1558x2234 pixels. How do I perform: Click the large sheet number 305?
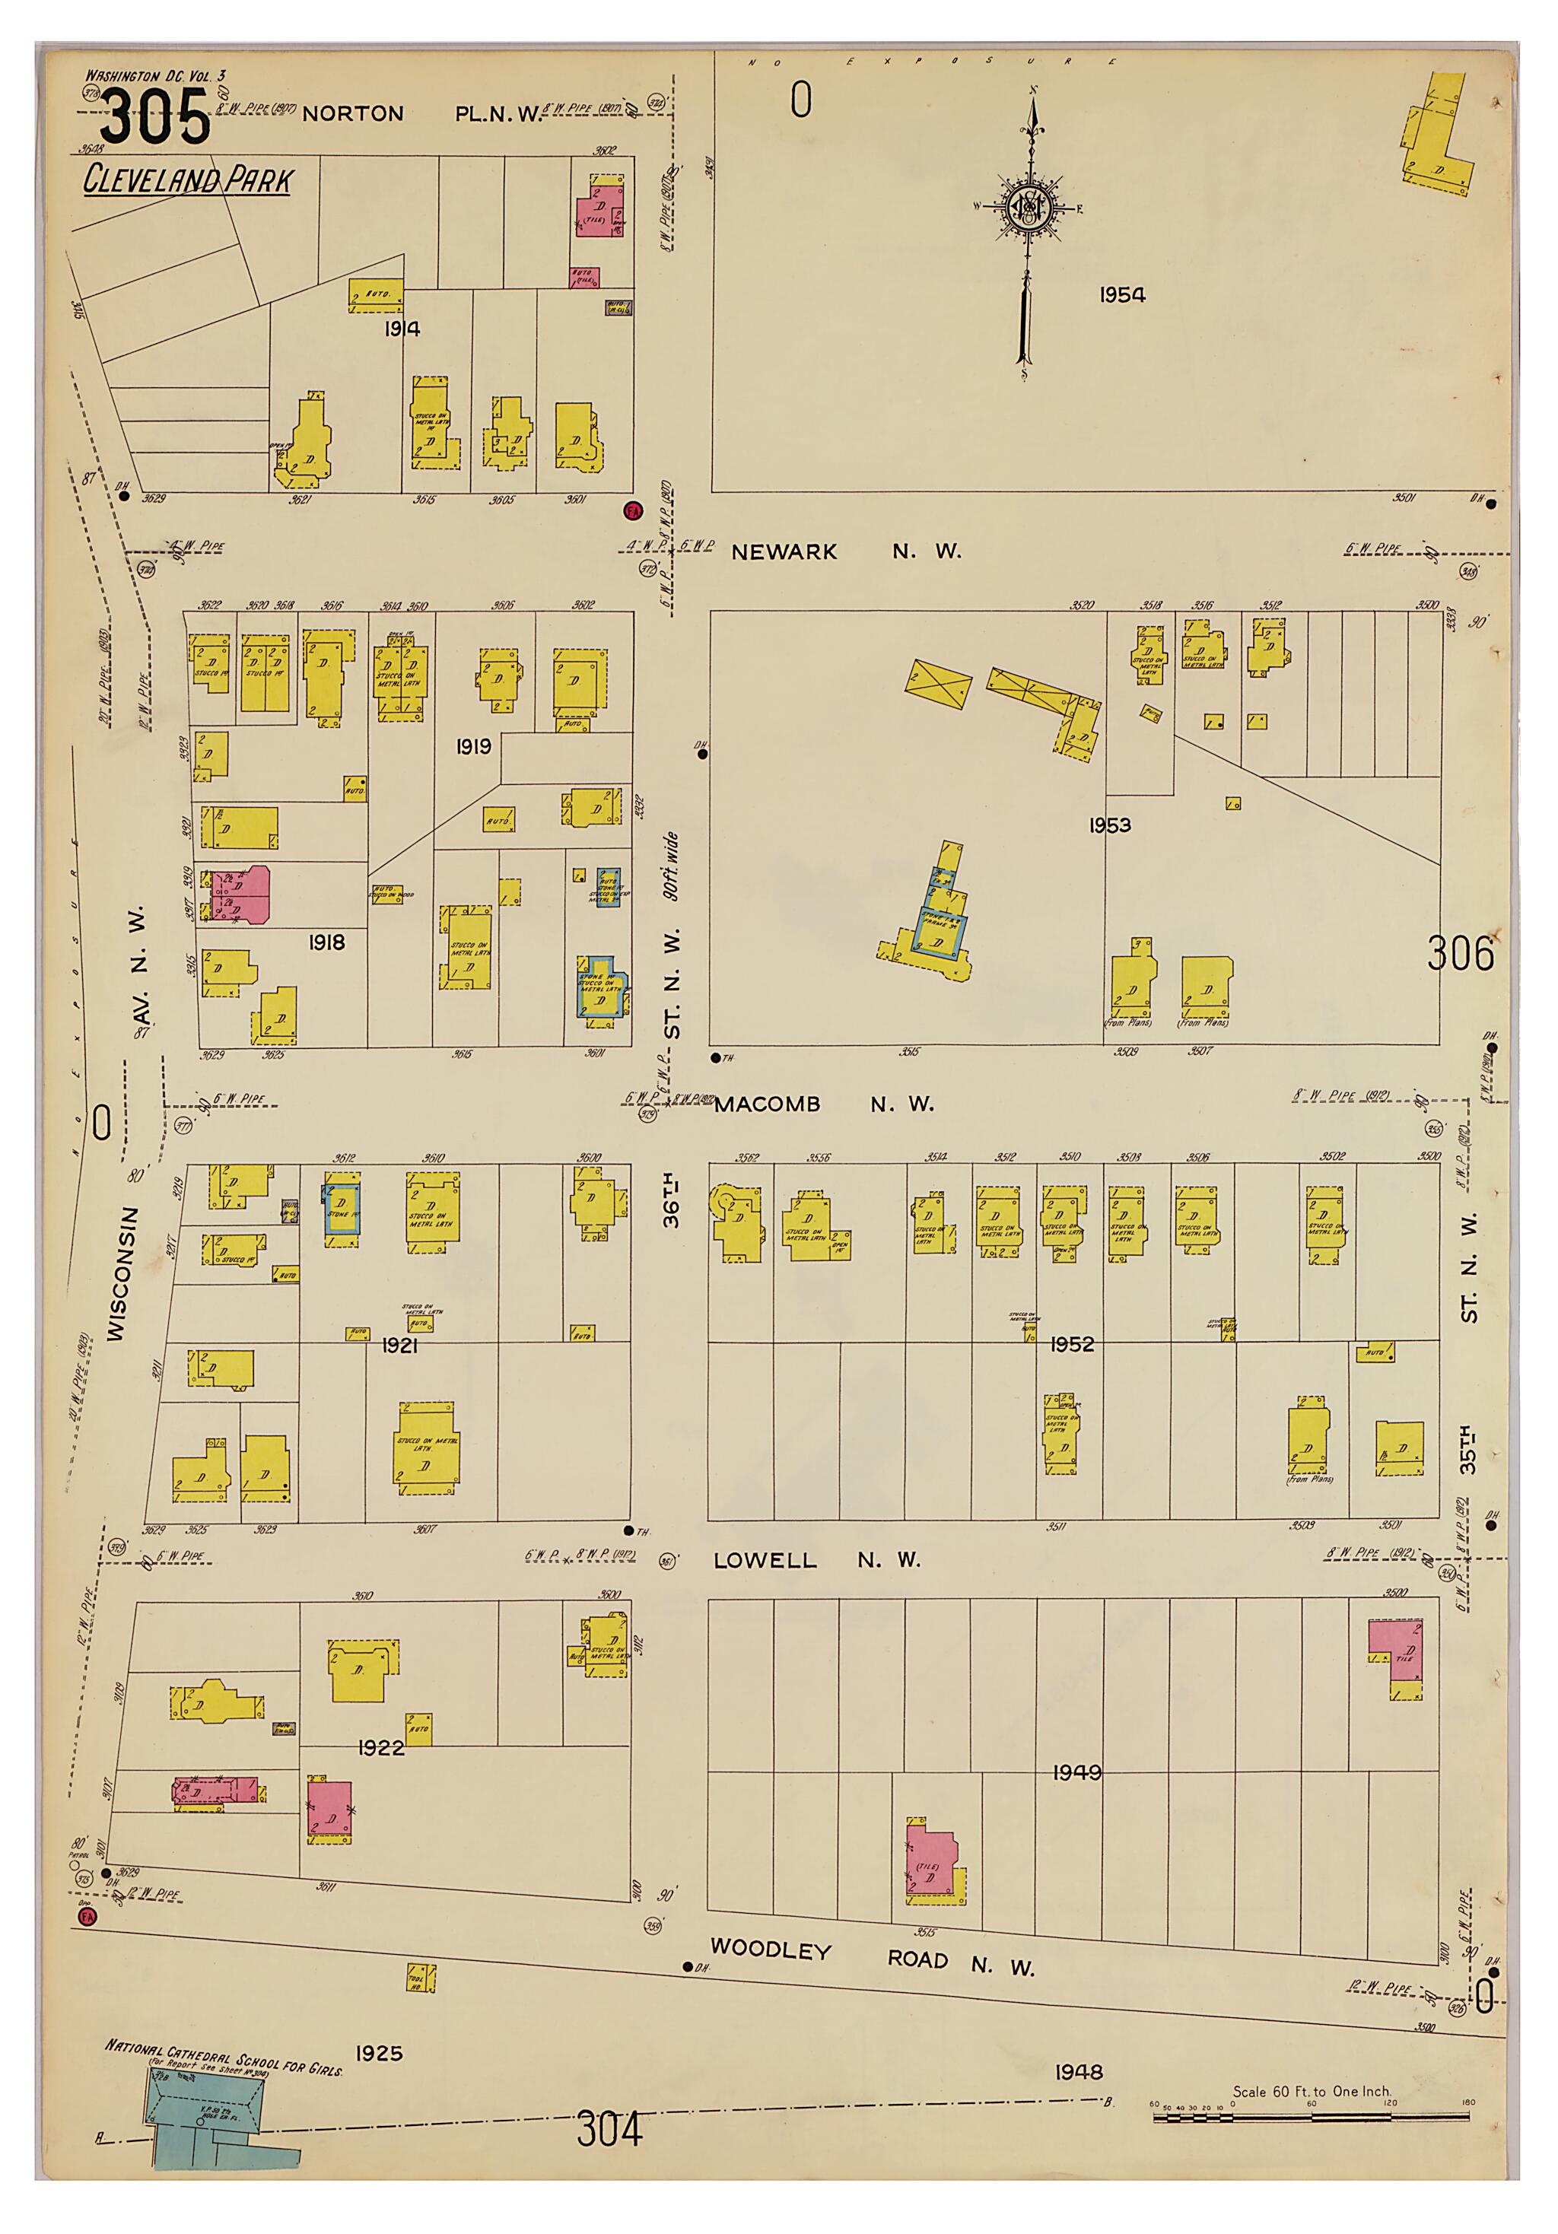click(x=154, y=118)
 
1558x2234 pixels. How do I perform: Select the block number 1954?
click(x=1122, y=295)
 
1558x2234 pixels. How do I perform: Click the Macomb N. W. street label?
click(x=822, y=1104)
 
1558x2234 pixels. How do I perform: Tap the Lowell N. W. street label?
click(x=816, y=1561)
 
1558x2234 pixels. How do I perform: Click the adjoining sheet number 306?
click(x=1460, y=954)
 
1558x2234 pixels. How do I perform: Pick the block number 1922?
click(x=380, y=1747)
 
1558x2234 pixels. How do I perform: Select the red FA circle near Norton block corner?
click(x=632, y=509)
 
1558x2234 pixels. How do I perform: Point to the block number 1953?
click(x=1109, y=825)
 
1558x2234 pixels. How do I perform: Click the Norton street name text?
click(x=352, y=114)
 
